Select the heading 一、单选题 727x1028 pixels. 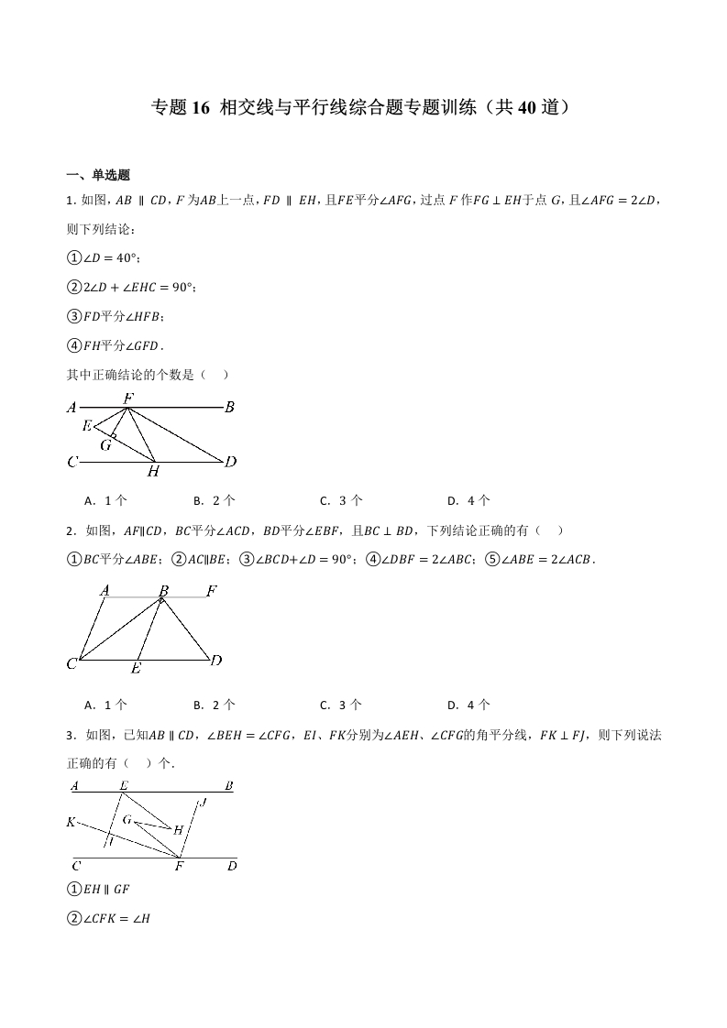coord(99,176)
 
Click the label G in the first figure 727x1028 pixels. coord(105,445)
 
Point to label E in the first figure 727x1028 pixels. coord(86,426)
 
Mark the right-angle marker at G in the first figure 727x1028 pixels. coord(113,437)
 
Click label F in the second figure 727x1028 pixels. coord(212,591)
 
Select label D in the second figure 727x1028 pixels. coord(216,660)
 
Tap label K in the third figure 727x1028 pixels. coord(71,822)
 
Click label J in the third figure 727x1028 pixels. coord(203,803)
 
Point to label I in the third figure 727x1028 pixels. coord(110,841)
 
